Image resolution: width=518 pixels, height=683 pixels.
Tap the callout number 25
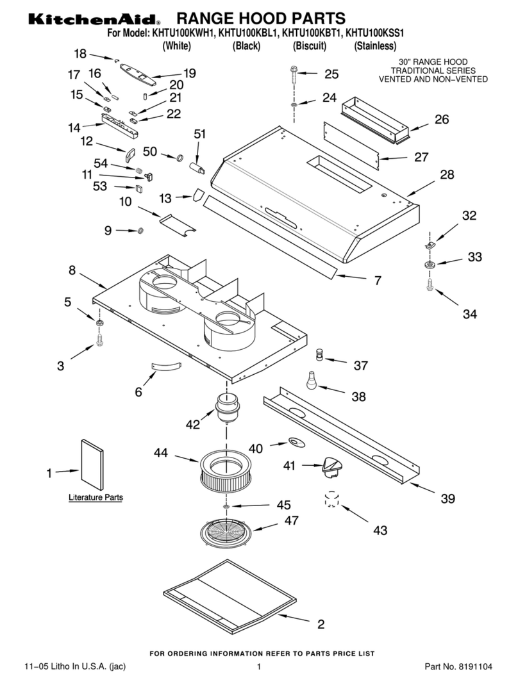pos(331,74)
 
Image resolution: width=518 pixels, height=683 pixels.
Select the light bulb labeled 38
pos(311,381)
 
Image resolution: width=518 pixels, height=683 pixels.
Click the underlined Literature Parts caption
pos(96,497)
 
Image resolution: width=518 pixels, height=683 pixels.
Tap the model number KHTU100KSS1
pos(376,33)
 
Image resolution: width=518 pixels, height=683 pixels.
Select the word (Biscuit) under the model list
pos(310,46)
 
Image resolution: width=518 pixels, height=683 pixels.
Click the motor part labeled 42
pos(226,407)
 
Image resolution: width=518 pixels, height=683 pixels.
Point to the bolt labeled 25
pos(294,72)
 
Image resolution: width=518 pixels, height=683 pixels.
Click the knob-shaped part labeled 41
pos(331,466)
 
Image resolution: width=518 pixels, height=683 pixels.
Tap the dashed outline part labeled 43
pos(331,500)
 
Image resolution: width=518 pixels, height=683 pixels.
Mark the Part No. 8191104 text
pos(459,667)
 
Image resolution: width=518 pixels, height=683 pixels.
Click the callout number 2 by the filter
pos(321,623)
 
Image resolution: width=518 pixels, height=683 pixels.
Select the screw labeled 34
pos(430,285)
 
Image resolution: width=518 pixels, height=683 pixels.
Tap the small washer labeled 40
pos(296,441)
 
